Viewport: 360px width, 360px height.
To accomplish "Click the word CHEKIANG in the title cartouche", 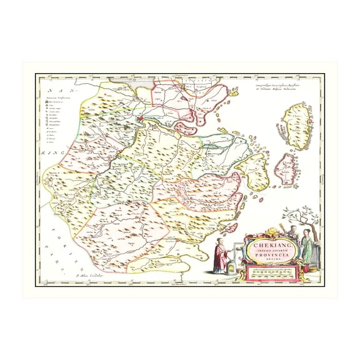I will click(x=267, y=246).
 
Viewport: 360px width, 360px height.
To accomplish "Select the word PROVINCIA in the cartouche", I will click(x=268, y=256).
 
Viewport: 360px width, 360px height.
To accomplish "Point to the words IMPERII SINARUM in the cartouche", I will click(x=267, y=251).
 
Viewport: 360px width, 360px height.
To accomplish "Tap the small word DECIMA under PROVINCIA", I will click(x=268, y=260).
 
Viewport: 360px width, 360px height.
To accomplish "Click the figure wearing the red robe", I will click(x=219, y=256).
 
